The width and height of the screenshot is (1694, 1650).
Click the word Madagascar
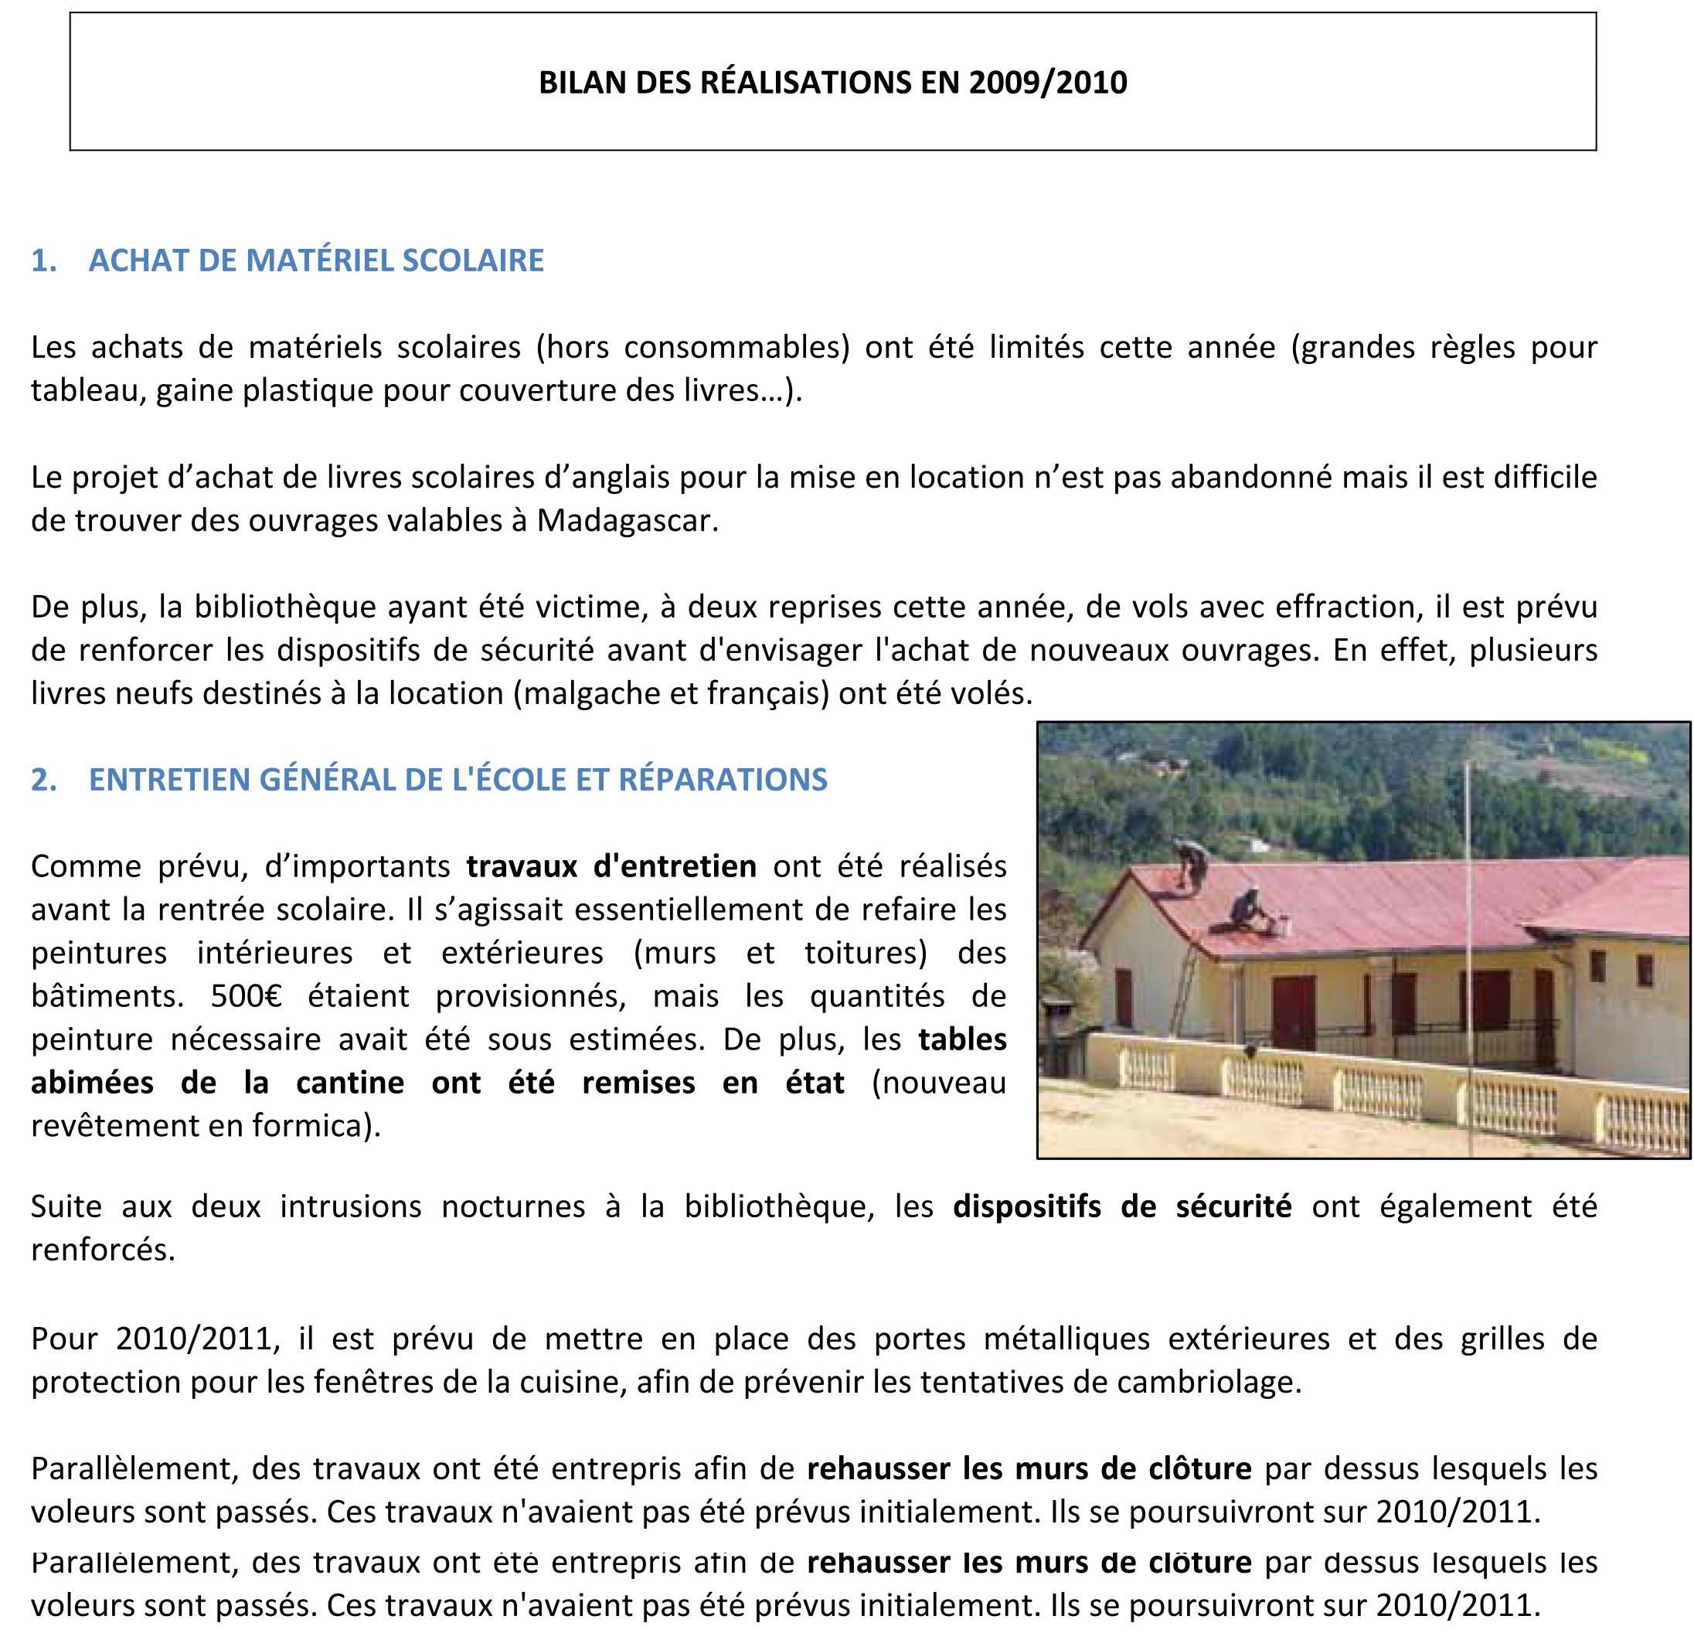click(627, 521)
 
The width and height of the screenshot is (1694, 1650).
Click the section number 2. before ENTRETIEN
click(43, 780)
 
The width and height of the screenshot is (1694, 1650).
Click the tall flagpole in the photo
click(1467, 953)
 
